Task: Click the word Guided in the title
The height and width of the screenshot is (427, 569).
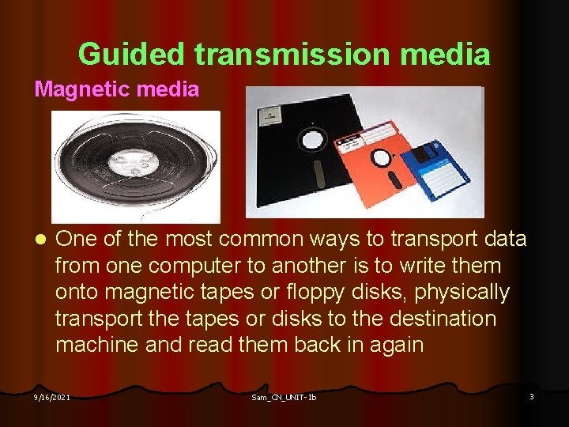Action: (x=132, y=55)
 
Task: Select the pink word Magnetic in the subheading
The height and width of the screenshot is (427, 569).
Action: (x=81, y=89)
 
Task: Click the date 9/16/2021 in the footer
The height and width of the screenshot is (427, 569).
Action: (x=51, y=397)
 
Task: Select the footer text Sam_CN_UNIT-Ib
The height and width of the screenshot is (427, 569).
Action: (x=284, y=397)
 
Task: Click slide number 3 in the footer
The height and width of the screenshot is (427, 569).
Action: (x=531, y=396)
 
